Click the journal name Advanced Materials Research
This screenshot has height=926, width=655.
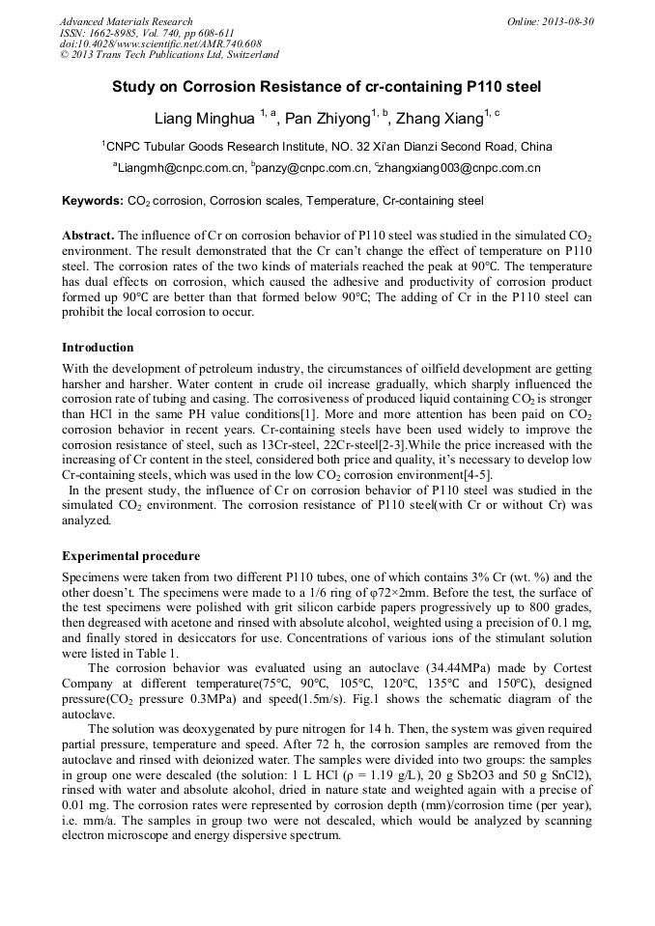click(x=126, y=21)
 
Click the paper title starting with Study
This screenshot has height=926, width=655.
click(x=327, y=87)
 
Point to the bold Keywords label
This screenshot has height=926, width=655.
click(x=92, y=202)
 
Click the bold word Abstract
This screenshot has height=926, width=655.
click(x=87, y=236)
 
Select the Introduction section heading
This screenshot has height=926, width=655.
click(x=98, y=348)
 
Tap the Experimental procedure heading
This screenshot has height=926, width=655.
click(x=130, y=556)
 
